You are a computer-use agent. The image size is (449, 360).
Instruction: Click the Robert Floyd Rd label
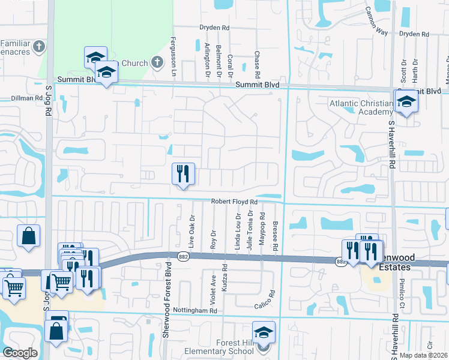click(234, 202)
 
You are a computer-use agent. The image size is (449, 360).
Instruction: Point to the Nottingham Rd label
click(195, 310)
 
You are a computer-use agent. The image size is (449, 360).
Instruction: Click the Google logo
click(20, 353)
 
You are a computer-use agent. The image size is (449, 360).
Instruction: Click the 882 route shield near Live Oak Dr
click(184, 256)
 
